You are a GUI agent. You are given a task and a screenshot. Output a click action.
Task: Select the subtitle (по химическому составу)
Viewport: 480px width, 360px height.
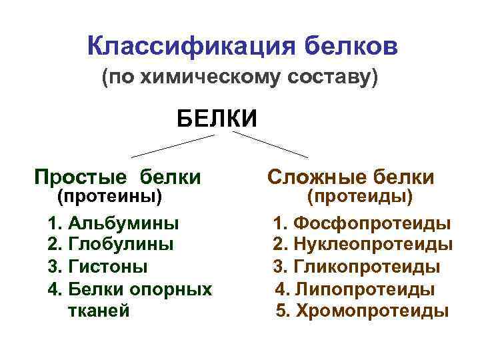pyautogui.click(x=239, y=77)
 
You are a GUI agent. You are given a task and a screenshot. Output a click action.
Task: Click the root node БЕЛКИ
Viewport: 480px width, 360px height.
pyautogui.click(x=217, y=119)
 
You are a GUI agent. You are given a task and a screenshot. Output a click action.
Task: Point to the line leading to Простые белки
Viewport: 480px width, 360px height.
pyautogui.click(x=173, y=146)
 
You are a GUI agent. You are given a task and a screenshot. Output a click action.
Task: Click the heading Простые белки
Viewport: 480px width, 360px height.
pyautogui.click(x=118, y=177)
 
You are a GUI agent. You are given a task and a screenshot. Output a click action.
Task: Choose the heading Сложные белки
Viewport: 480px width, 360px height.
pyautogui.click(x=351, y=177)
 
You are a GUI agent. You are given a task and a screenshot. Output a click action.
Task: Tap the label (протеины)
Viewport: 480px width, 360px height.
pyautogui.click(x=110, y=197)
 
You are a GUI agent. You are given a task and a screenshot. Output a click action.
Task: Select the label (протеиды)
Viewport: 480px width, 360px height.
pyautogui.click(x=360, y=197)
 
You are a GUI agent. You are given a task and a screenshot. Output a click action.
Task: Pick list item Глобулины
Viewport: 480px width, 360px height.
pyautogui.click(x=121, y=244)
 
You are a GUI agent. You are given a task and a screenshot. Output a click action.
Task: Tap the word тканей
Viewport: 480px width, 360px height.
pyautogui.click(x=99, y=311)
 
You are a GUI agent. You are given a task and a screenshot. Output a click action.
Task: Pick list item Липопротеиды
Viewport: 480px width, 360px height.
pyautogui.click(x=364, y=289)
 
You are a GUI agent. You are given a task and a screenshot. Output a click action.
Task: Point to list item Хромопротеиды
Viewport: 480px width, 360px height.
pyautogui.click(x=371, y=311)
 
